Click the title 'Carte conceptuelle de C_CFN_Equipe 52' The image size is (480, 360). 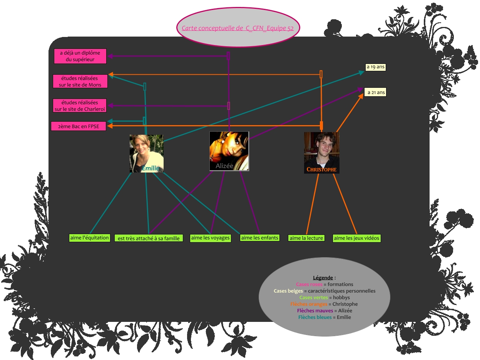tap(237, 28)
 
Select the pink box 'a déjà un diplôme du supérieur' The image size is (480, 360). tap(80, 56)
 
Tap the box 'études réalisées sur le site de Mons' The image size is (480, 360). tap(80, 81)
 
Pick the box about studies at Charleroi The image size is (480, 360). tap(80, 106)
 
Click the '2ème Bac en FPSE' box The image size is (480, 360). tap(79, 126)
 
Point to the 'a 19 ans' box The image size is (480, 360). tap(375, 67)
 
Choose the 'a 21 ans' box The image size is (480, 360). tap(375, 92)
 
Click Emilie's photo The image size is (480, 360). tap(146, 153)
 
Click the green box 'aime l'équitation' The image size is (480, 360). tap(90, 238)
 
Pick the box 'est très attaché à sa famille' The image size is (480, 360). tap(149, 238)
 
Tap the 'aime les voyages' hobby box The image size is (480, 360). tap(211, 238)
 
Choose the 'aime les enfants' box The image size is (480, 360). tap(259, 238)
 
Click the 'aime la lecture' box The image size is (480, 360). tap(306, 238)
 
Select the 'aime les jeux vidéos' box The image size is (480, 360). tap(356, 238)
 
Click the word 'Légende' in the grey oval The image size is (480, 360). tap(323, 278)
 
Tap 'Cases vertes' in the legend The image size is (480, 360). tap(313, 298)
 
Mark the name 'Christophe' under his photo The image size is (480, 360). tap(321, 169)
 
